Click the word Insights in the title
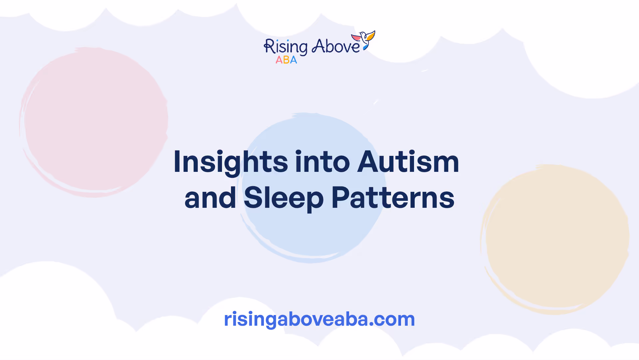point(231,163)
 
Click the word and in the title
point(210,198)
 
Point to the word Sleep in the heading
point(284,198)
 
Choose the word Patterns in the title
point(393,198)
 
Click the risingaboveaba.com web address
point(319,319)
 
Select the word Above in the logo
point(335,46)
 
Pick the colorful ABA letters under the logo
point(286,60)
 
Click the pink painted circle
point(94,122)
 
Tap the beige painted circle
point(555,239)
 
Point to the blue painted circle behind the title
point(312,188)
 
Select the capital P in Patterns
point(339,197)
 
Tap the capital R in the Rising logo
point(269,47)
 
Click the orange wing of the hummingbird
point(371,35)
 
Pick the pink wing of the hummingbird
point(356,38)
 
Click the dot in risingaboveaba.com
point(371,324)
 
